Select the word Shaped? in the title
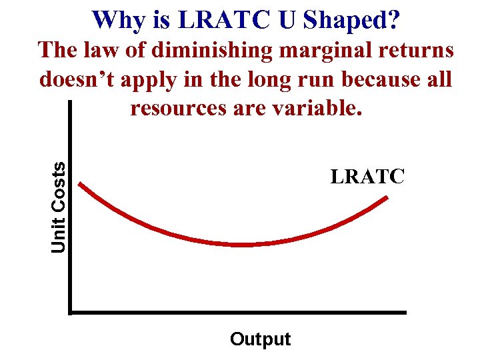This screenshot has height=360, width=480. pos(352,21)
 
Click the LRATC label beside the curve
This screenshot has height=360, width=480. pos(367,177)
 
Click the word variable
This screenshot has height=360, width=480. pos(313,107)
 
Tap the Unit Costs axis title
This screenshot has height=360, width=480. pos(59,207)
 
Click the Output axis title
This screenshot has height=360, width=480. pos(260,339)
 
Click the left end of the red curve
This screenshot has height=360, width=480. pos(80,183)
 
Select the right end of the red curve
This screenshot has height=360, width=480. pos(388,197)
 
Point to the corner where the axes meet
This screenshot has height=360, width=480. pos(70,311)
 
